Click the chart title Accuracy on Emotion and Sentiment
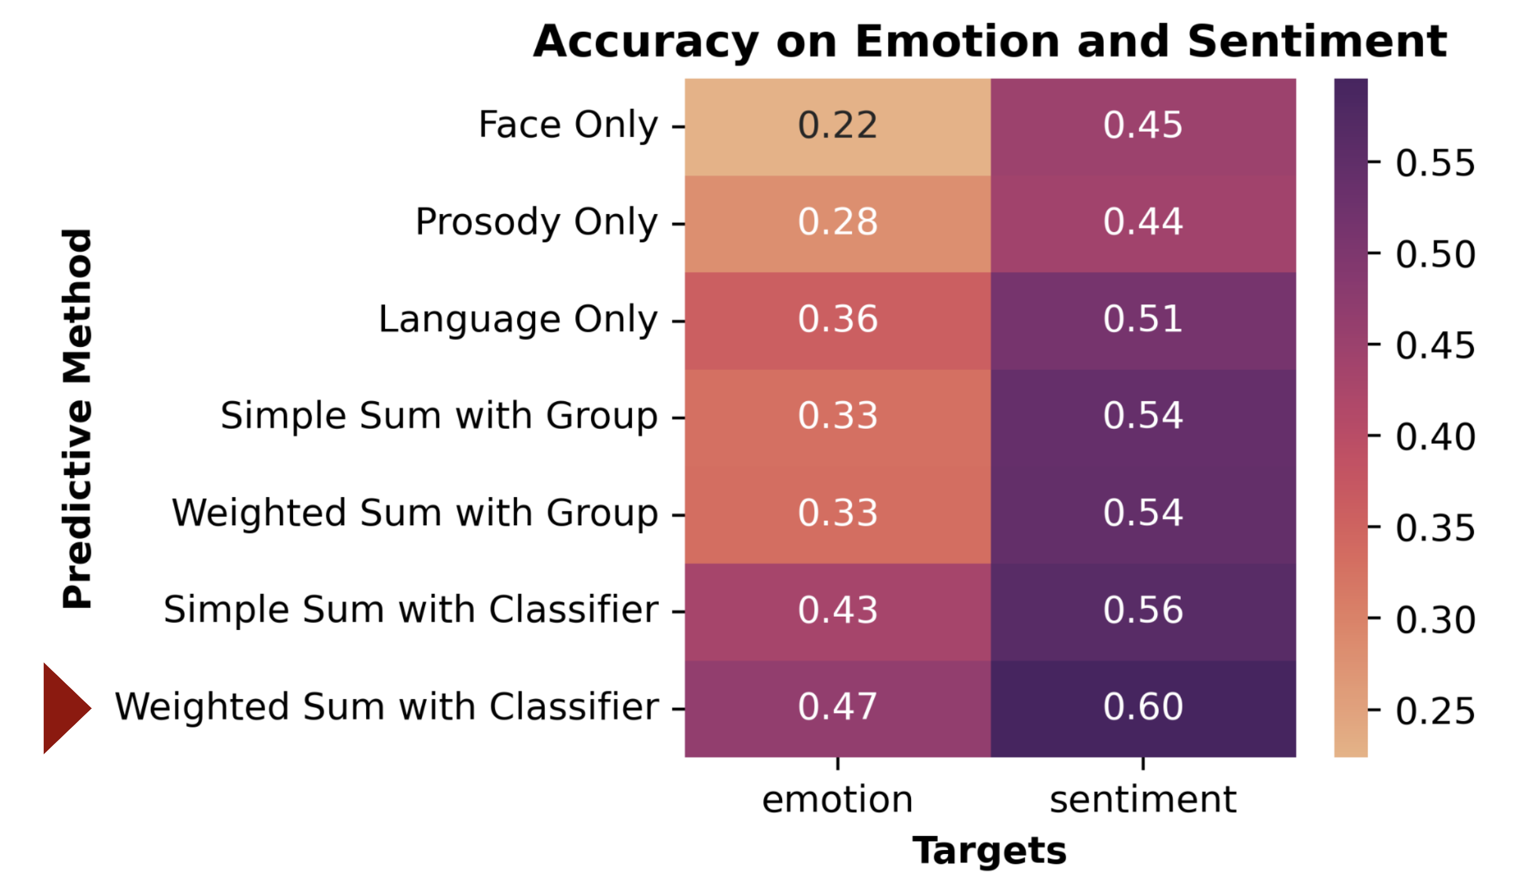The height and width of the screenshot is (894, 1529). tap(989, 41)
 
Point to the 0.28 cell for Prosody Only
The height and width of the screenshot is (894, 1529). tap(837, 222)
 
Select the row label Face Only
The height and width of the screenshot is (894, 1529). tap(568, 125)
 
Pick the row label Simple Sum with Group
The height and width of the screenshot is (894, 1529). tap(439, 416)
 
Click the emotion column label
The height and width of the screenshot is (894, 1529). tap(837, 800)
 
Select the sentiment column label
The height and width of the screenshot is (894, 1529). tap(1143, 800)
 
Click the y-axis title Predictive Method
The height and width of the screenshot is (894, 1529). tap(78, 418)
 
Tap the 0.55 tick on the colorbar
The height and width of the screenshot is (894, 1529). tap(1434, 163)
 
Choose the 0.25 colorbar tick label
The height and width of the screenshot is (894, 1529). tap(1434, 711)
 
